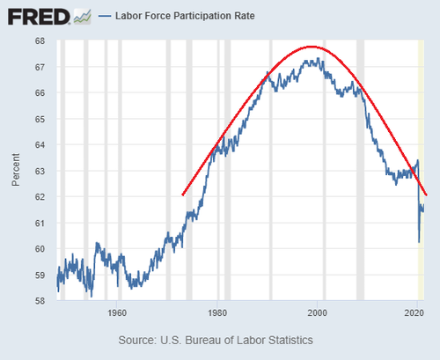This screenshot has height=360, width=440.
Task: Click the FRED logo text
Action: (39, 17)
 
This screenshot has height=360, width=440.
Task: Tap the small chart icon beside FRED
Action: (83, 17)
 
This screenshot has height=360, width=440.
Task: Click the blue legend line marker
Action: (105, 16)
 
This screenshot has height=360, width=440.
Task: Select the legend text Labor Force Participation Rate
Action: (185, 16)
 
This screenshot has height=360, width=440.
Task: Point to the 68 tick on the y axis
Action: (40, 40)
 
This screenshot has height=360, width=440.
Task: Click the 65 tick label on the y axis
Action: (40, 119)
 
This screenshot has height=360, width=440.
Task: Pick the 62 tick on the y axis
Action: (40, 197)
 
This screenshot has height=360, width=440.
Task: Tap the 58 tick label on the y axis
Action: (40, 301)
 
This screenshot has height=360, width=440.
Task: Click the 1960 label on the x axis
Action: (117, 312)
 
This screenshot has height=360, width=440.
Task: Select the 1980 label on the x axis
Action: (217, 312)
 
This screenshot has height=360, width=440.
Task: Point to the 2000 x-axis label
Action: (317, 312)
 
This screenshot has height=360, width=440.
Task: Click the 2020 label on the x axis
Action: (414, 312)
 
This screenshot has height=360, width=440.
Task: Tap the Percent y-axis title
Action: (16, 170)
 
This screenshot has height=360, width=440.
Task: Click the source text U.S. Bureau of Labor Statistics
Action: (237, 341)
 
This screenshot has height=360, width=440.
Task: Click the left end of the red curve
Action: (183, 195)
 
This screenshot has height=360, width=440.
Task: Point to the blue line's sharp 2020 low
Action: (419, 242)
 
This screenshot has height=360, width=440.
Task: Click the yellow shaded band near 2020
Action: (421, 170)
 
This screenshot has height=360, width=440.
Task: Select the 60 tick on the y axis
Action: (40, 249)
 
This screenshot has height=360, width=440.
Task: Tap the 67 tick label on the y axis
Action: (40, 67)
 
